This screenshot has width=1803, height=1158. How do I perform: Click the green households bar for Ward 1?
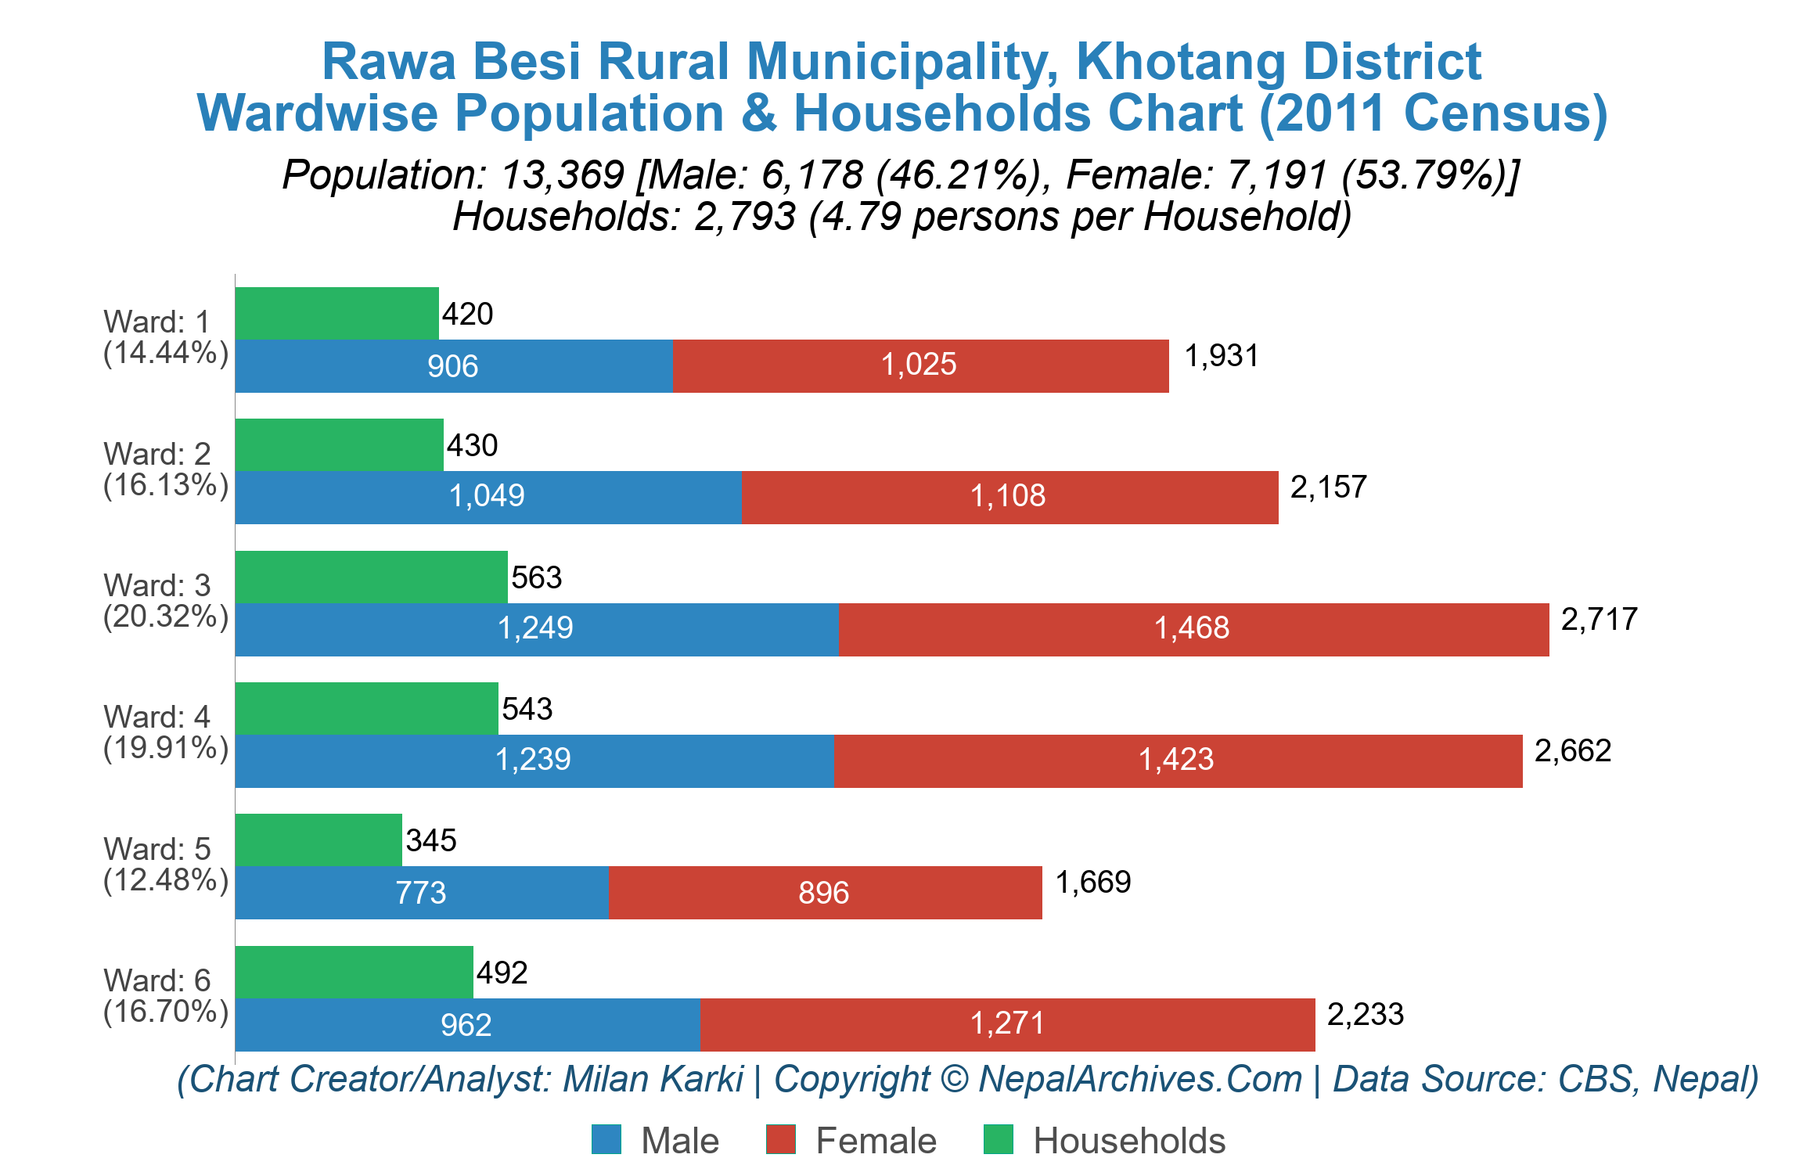click(x=336, y=313)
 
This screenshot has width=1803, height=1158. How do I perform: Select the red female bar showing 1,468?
click(x=1193, y=629)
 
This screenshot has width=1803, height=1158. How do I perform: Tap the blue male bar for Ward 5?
click(x=421, y=893)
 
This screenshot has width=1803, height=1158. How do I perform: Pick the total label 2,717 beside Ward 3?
click(x=1599, y=620)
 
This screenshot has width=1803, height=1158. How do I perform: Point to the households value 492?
click(x=502, y=973)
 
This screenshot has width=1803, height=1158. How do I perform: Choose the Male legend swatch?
click(x=606, y=1139)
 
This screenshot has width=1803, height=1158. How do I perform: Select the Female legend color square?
click(x=780, y=1139)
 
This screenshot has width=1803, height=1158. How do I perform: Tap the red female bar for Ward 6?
click(x=1007, y=1024)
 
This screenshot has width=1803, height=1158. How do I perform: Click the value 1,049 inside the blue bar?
click(x=487, y=496)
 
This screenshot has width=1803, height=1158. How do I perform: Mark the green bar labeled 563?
click(x=371, y=577)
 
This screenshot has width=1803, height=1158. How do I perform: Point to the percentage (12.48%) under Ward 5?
click(x=166, y=880)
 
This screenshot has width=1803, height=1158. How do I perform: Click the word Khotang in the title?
click(x=1180, y=61)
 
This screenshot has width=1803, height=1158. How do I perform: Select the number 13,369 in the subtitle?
click(x=562, y=174)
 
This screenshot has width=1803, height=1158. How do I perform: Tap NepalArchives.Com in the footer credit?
click(x=1139, y=1079)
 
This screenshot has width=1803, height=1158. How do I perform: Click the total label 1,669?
click(x=1092, y=883)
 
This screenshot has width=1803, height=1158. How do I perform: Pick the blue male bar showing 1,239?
click(x=534, y=760)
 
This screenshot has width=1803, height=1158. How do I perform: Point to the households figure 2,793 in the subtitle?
click(x=744, y=217)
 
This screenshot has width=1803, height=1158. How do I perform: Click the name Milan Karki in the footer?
click(x=653, y=1079)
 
